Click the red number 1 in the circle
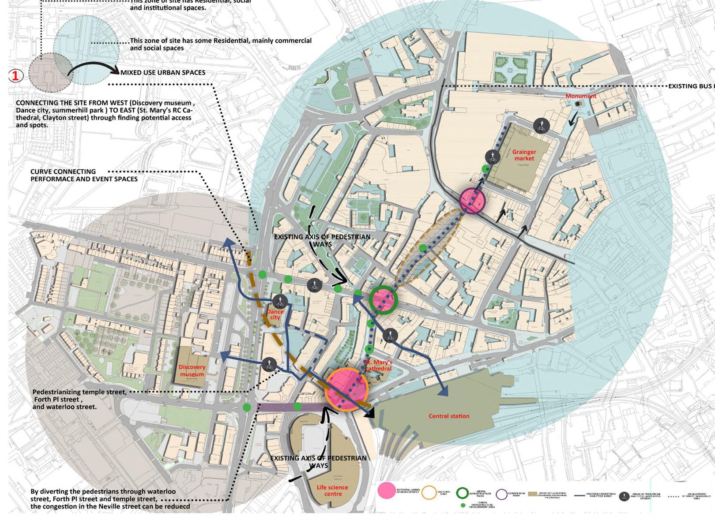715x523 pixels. [15, 76]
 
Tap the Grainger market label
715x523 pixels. [524, 155]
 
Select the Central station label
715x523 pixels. [449, 416]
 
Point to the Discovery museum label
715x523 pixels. [192, 370]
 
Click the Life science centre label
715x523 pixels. [332, 490]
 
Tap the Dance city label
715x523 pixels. [275, 314]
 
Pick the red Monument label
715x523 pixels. [581, 96]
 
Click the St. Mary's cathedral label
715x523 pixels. [378, 365]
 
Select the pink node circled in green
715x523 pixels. [383, 300]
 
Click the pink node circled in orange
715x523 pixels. [346, 390]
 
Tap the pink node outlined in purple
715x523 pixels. [472, 200]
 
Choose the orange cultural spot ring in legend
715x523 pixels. [429, 493]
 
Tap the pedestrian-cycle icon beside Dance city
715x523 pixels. [280, 302]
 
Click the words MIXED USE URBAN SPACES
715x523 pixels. [163, 73]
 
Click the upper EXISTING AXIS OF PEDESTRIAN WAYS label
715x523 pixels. [322, 240]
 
